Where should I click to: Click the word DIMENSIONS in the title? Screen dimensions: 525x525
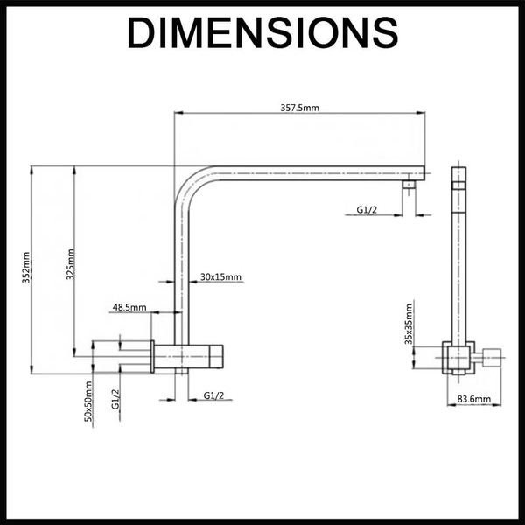tap(262, 34)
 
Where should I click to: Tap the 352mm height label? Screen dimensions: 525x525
tap(27, 268)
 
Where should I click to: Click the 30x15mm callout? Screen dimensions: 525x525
tap(220, 276)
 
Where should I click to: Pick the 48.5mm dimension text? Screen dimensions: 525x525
tap(129, 308)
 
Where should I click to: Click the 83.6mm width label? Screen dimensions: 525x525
tap(474, 400)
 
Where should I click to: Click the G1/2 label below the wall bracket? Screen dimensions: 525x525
tap(214, 395)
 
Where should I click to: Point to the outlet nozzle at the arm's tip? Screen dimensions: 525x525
tap(409, 185)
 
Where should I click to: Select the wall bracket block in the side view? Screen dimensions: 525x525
tap(189, 356)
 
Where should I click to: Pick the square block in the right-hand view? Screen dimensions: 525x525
tap(458, 357)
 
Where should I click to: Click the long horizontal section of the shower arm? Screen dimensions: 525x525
tap(306, 172)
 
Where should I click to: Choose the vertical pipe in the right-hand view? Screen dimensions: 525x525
tap(458, 262)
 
